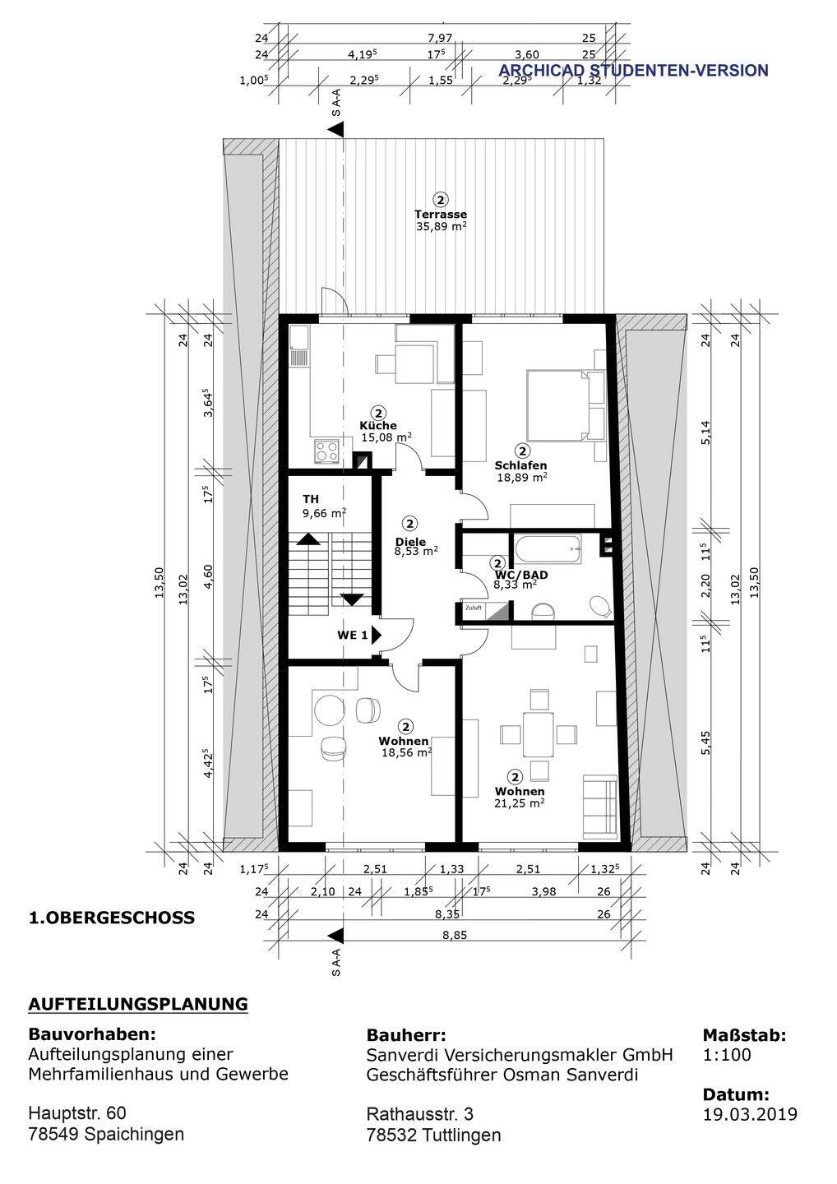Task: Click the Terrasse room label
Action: coord(440,214)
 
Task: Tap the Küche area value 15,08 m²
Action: coord(386,437)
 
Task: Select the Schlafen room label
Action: coord(520,465)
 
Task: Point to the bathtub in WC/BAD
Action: coord(548,549)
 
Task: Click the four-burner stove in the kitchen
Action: coord(326,451)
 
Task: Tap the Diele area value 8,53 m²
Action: coord(416,551)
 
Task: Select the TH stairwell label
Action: coord(311,499)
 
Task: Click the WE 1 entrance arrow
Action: coord(377,635)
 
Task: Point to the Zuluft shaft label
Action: coord(474,608)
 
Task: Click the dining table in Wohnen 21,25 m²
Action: coord(539,734)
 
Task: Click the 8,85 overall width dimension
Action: coord(455,935)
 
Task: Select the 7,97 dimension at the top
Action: coord(440,38)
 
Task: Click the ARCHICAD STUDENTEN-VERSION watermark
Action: coord(634,71)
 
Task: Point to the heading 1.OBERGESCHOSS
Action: coord(112,917)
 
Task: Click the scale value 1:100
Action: coord(727,1054)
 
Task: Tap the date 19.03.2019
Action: coord(750,1114)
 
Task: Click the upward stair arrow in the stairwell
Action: coord(308,539)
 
